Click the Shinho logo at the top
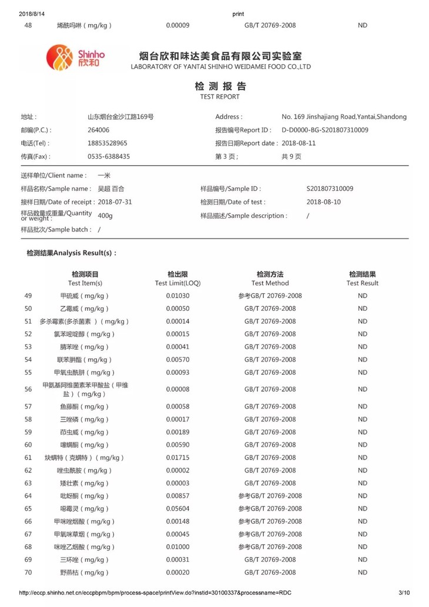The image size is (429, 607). coord(75,57)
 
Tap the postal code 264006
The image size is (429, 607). coord(98,130)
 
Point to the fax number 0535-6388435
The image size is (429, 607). coord(109,157)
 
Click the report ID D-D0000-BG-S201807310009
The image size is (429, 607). coord(325,130)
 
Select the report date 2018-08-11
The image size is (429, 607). coord(299,143)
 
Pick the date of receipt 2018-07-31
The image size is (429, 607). coord(115,202)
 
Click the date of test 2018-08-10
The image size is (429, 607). coord(323,202)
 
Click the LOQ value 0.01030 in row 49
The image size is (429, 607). coord(177,296)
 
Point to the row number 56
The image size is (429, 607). coord(28,390)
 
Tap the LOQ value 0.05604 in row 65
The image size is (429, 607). coord(177,509)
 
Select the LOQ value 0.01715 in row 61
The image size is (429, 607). coord(177,458)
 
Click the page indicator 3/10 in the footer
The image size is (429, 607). coord(404,593)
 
